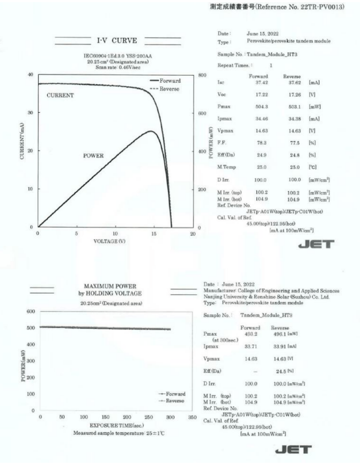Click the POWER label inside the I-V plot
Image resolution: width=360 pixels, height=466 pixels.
click(x=93, y=156)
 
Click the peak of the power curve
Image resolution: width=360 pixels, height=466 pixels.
click(x=151, y=131)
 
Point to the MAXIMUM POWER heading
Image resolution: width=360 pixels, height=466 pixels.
click(x=111, y=286)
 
